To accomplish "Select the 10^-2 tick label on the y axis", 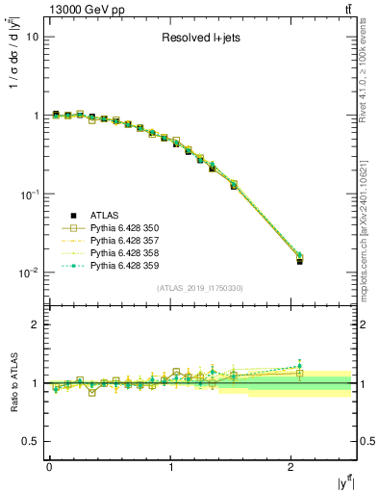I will pos(29,272).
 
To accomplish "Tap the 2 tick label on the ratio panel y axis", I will pos(35,324).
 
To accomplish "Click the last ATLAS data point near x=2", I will pos(299,261).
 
